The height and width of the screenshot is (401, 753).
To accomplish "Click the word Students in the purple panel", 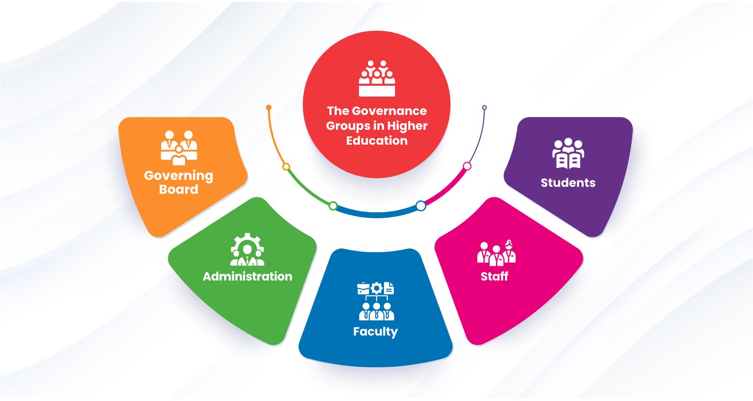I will (x=568, y=183).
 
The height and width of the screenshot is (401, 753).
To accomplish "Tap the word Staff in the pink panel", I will (x=494, y=276).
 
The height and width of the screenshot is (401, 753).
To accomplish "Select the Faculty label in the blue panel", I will (x=376, y=332).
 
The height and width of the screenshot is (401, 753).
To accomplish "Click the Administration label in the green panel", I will (x=248, y=276).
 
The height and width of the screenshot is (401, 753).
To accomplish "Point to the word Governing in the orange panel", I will (x=179, y=176).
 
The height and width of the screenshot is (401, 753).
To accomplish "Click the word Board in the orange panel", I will (x=179, y=189).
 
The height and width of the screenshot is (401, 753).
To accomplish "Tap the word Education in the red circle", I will (x=376, y=141).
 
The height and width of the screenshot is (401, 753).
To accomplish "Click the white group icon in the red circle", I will (x=377, y=78).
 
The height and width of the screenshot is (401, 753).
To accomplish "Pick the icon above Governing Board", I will (x=179, y=147).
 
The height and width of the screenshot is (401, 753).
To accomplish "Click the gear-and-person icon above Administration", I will (x=248, y=250).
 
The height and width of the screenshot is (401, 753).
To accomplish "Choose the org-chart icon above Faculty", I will (x=376, y=301).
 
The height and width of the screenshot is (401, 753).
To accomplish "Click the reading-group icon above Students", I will (x=568, y=154).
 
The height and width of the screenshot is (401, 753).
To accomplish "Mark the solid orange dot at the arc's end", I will (x=269, y=108).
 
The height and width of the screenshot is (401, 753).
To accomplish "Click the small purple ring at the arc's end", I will (x=485, y=108).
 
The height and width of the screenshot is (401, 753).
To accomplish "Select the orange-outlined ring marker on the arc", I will (x=286, y=167).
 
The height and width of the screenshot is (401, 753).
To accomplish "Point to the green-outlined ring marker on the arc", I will (x=333, y=206).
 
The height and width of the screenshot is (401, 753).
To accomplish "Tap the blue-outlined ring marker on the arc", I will (x=421, y=206).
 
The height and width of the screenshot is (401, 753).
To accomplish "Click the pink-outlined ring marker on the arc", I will (x=467, y=166).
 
